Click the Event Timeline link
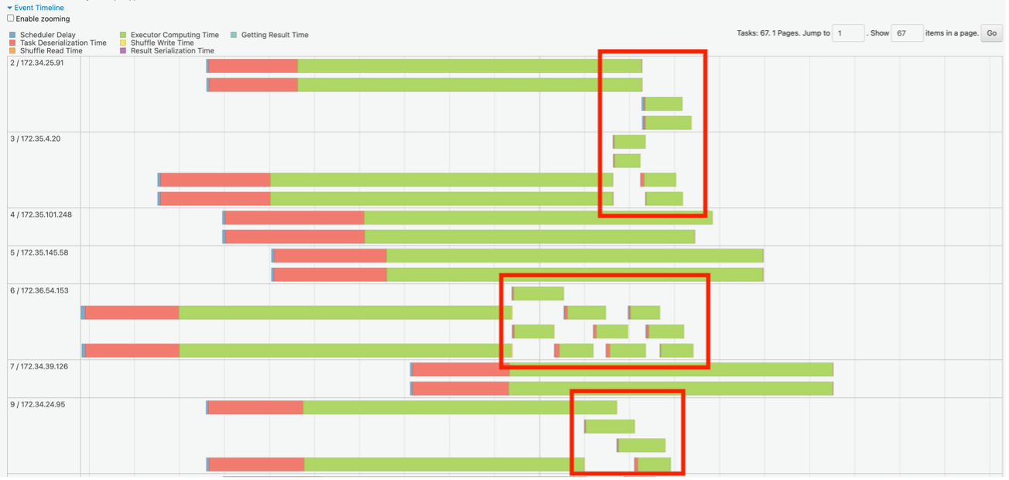point(39,8)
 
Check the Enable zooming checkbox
point(11,19)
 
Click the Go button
point(991,33)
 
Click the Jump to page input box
point(848,33)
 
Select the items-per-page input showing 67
point(907,33)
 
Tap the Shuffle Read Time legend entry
point(51,51)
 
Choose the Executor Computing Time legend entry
point(174,35)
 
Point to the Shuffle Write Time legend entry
point(162,43)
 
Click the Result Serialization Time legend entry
point(172,51)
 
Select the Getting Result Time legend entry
point(275,35)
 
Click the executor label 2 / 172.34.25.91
point(37,63)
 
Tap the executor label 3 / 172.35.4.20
point(35,139)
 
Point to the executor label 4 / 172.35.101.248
point(41,214)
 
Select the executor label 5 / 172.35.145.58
point(39,252)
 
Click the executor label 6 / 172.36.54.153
point(39,290)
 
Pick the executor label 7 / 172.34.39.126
point(39,366)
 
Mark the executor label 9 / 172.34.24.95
point(38,404)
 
